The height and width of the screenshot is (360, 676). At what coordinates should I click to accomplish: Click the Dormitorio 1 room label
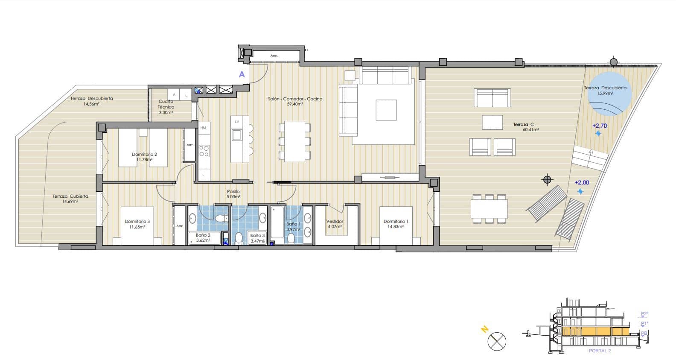pyautogui.click(x=396, y=221)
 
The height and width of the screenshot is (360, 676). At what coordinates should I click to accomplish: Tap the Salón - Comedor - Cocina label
pyautogui.click(x=295, y=99)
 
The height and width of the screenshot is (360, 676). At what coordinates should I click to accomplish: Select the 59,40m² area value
pyautogui.click(x=295, y=104)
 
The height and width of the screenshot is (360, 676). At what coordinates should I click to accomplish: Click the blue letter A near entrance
pyautogui.click(x=242, y=74)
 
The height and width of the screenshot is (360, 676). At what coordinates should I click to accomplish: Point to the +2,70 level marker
pyautogui.click(x=599, y=126)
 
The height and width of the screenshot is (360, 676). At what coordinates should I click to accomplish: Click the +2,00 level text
pyautogui.click(x=582, y=182)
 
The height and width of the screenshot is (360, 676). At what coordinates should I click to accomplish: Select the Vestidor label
pyautogui.click(x=335, y=221)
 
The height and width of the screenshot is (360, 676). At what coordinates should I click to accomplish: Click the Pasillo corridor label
pyautogui.click(x=233, y=192)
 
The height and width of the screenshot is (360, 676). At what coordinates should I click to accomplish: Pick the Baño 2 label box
pyautogui.click(x=203, y=237)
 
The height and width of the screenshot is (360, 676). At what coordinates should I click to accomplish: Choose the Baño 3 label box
pyautogui.click(x=257, y=238)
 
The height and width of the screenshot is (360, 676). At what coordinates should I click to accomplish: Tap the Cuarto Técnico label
pyautogui.click(x=166, y=104)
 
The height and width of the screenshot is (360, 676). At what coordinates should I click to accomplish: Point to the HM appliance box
pyautogui.click(x=203, y=128)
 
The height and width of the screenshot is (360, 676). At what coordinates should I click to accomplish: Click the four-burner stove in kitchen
pyautogui.click(x=204, y=151)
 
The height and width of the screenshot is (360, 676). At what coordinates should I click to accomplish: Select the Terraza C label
pyautogui.click(x=524, y=125)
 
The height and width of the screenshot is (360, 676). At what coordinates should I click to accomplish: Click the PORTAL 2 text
pyautogui.click(x=600, y=351)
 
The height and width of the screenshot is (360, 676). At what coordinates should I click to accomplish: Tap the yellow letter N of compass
pyautogui.click(x=484, y=329)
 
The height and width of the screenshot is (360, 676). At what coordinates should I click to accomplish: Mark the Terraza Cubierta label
pyautogui.click(x=70, y=196)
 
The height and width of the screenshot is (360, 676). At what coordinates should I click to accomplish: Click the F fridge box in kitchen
pyautogui.click(x=204, y=176)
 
